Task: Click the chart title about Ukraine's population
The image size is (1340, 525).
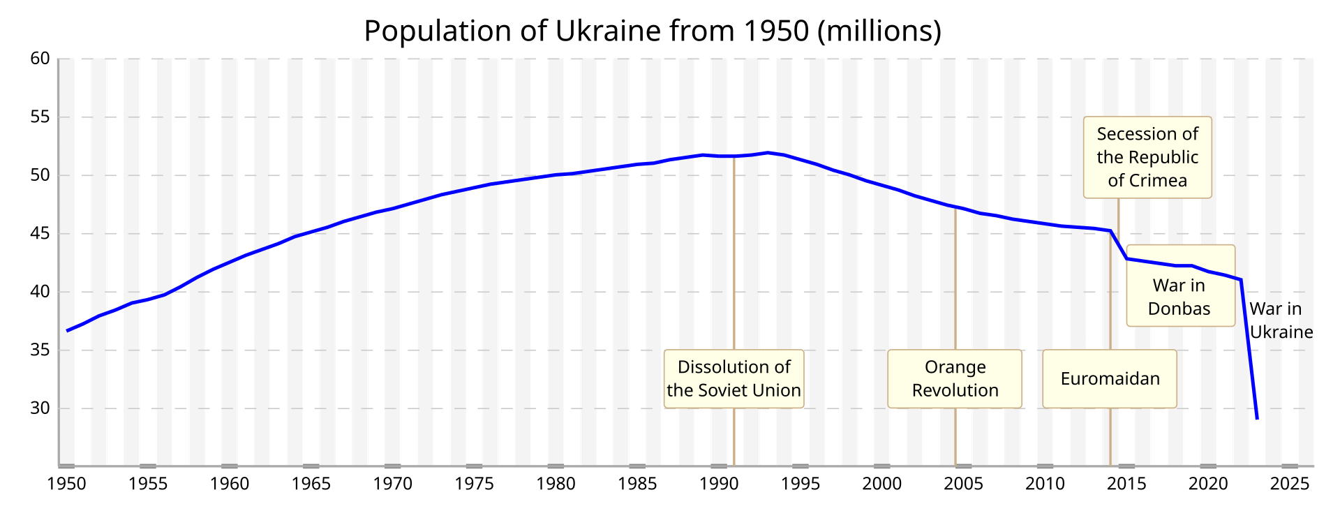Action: (x=653, y=31)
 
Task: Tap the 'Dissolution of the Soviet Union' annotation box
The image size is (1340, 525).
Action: (x=734, y=379)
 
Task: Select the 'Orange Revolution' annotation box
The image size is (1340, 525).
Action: (x=955, y=379)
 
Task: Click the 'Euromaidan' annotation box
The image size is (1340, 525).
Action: (x=1110, y=379)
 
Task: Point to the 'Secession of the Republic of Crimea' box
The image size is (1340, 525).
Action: (x=1147, y=157)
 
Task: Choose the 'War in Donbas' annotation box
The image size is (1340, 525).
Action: (x=1180, y=297)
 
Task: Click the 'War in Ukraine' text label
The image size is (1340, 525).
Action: (x=1281, y=320)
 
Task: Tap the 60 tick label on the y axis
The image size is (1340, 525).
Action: (x=40, y=59)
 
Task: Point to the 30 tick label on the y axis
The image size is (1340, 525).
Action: (x=40, y=408)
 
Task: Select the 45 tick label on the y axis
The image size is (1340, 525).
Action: (x=40, y=233)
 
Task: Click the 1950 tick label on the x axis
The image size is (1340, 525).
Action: (x=67, y=484)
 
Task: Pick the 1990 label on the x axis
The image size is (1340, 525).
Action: (x=719, y=484)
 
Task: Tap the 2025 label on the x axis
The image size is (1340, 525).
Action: (x=1290, y=484)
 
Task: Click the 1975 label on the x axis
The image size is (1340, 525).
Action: (x=475, y=484)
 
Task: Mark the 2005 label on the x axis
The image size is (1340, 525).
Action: (x=964, y=484)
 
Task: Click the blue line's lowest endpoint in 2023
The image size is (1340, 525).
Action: (x=1257, y=418)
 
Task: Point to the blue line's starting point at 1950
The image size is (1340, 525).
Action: (x=67, y=330)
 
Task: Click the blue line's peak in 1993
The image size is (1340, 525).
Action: (x=768, y=152)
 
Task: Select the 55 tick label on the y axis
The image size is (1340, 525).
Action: (x=40, y=117)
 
